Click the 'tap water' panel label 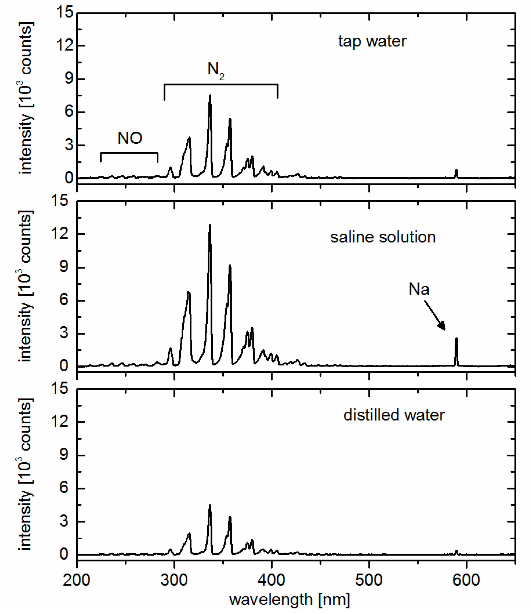tap(372, 41)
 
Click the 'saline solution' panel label tap(383, 237)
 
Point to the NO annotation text tap(130, 138)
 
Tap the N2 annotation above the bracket tap(216, 70)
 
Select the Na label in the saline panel tap(419, 289)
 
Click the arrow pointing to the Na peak tap(435, 315)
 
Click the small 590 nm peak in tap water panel tap(456, 170)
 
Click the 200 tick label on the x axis tap(76, 580)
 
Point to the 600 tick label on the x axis tap(466, 580)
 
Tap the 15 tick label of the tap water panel tap(65, 12)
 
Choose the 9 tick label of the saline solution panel tap(64, 268)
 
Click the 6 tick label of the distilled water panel tap(64, 488)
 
